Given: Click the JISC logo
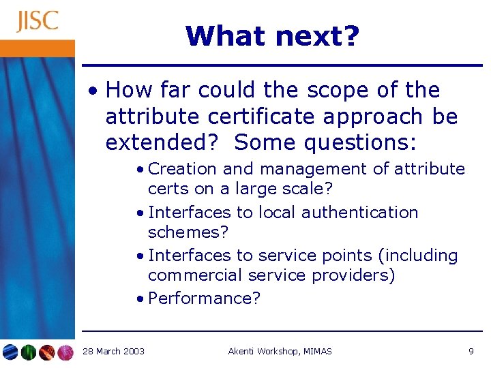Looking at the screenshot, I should tap(38, 21).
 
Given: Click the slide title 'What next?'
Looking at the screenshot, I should tap(271, 36).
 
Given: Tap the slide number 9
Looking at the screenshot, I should tap(471, 351).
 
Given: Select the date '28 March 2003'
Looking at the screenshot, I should tap(113, 351).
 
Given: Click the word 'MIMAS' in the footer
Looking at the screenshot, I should tap(316, 351).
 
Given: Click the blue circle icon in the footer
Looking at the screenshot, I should tap(10, 352).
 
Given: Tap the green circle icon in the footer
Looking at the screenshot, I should tap(29, 352).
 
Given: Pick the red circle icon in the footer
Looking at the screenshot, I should tap(47, 352).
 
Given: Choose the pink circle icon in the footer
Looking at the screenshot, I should tap(65, 352).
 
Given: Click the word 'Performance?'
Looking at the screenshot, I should tap(204, 298).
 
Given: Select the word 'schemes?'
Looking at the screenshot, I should tap(188, 232).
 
